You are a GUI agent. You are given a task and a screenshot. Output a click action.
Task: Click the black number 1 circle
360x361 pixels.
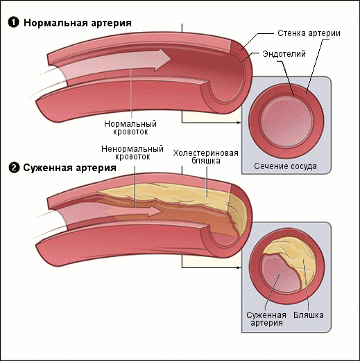pyautogui.click(x=13, y=23)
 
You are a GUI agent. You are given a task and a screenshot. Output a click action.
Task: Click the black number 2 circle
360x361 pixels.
pyautogui.click(x=14, y=168)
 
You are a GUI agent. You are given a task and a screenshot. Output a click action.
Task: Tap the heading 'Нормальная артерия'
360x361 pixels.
pyautogui.click(x=78, y=23)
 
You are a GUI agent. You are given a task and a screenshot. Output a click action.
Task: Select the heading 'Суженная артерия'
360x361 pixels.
pyautogui.click(x=69, y=168)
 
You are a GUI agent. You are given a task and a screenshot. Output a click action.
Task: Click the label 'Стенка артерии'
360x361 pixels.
pyautogui.click(x=309, y=33)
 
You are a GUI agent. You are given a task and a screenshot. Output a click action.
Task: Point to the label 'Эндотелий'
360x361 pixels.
pyautogui.click(x=284, y=54)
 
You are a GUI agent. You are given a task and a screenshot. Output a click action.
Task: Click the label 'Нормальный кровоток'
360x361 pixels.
pyautogui.click(x=130, y=127)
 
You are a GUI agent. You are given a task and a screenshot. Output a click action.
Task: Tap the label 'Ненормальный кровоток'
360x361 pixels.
pyautogui.click(x=132, y=152)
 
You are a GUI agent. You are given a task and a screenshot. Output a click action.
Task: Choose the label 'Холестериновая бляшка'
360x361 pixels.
pyautogui.click(x=205, y=157)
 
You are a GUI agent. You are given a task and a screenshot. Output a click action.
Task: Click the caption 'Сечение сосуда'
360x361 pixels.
pyautogui.click(x=285, y=166)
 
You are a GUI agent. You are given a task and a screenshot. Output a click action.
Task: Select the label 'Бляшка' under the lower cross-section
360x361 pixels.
pyautogui.click(x=309, y=315)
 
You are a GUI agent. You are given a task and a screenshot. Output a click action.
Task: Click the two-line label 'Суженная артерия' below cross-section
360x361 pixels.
pyautogui.click(x=266, y=319)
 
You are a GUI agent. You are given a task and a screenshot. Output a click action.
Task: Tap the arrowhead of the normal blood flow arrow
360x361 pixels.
pyautogui.click(x=163, y=59)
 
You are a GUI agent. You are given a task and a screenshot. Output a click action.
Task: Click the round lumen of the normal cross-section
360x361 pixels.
pyautogui.click(x=286, y=122)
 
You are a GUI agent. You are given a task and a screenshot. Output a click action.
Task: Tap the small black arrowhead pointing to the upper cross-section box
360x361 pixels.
pyautogui.click(x=239, y=123)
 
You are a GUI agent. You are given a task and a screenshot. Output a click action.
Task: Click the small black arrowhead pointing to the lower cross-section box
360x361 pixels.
pyautogui.click(x=239, y=267)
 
